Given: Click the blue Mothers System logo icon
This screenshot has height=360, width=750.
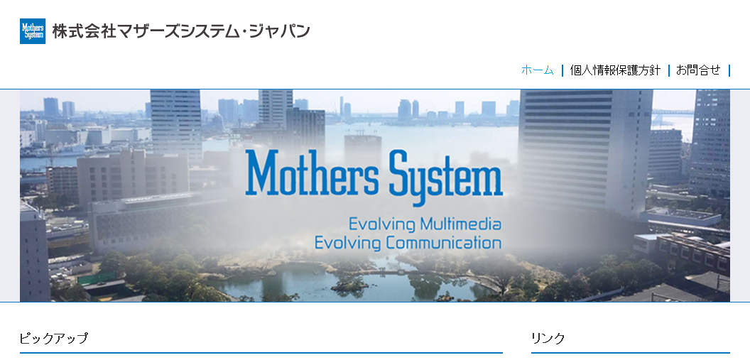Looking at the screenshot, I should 33,31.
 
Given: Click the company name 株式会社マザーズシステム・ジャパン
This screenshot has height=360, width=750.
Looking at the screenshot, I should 181,31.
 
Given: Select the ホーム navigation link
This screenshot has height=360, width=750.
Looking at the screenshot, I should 537,70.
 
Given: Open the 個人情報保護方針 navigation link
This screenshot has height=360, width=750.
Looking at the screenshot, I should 615,70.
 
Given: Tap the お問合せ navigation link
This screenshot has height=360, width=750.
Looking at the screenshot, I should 698,70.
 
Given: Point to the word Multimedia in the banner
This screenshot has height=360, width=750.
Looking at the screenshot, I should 461,224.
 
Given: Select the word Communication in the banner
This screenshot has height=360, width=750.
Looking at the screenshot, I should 444,243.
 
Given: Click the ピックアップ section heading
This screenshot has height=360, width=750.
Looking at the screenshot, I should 54,338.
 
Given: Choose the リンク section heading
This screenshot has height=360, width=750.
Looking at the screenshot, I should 548,338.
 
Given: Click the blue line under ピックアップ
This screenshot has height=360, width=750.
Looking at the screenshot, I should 261,352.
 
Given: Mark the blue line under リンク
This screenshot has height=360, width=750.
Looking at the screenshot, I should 630,352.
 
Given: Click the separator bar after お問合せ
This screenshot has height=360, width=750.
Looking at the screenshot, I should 729,70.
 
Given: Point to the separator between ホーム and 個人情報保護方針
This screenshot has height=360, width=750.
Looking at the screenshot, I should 562,70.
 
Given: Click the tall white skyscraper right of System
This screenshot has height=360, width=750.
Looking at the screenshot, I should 585,149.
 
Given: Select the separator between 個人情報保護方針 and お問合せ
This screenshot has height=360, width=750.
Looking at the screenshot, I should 669,70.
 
